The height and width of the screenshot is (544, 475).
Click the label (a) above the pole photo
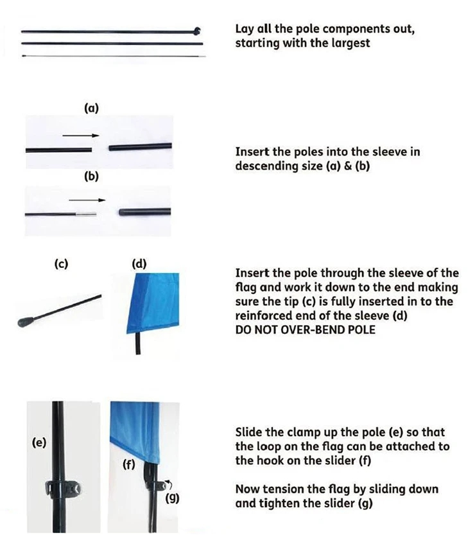click(x=92, y=109)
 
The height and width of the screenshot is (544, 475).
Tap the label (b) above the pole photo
click(x=92, y=176)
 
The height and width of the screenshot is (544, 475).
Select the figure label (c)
click(x=62, y=264)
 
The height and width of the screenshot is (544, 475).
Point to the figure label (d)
click(x=139, y=264)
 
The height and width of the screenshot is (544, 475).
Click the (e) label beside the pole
click(x=39, y=443)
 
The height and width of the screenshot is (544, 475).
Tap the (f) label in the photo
click(x=129, y=464)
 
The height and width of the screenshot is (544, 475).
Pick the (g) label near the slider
click(x=172, y=498)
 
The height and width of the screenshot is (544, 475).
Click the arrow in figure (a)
click(x=81, y=136)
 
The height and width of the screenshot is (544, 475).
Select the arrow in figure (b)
click(x=87, y=200)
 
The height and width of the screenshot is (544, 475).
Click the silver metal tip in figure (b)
click(x=85, y=214)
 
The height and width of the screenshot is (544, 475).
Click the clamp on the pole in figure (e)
click(x=63, y=488)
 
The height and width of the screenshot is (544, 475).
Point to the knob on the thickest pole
click(x=197, y=31)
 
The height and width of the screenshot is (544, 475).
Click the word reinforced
click(x=264, y=316)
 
